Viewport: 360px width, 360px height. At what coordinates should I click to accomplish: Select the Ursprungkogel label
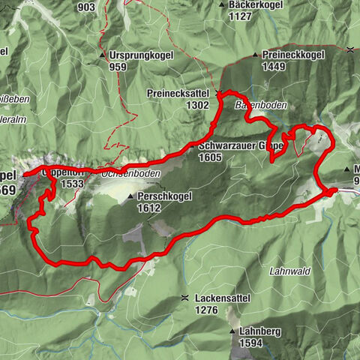[141, 55]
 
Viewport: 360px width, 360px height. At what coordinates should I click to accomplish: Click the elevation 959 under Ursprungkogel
[117, 67]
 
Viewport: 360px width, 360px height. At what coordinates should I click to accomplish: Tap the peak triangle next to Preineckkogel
[255, 55]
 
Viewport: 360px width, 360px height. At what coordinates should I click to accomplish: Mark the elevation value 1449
[274, 67]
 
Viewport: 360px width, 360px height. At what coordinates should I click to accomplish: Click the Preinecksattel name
[178, 94]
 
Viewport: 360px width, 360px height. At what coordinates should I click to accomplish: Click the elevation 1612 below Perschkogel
[150, 208]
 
